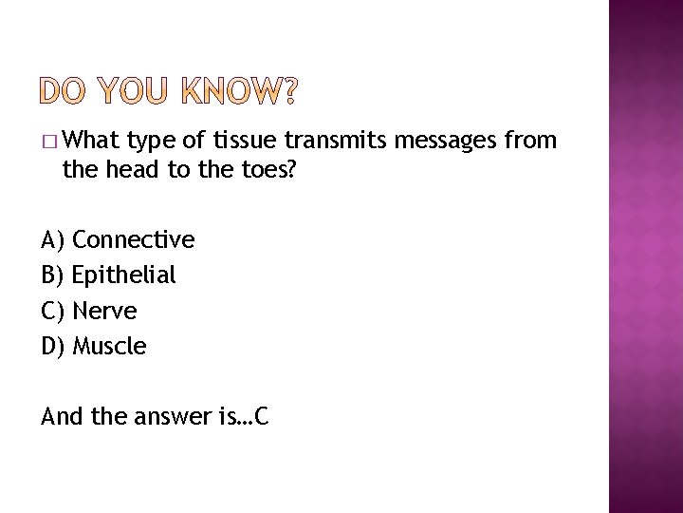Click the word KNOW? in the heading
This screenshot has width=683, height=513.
238,90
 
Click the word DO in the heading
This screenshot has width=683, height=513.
68,90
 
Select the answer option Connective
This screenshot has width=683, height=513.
134,239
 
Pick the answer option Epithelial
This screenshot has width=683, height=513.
124,275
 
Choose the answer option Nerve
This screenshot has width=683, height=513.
104,311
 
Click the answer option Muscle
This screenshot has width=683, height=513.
109,347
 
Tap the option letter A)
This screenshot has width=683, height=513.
53,239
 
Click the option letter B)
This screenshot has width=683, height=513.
53,275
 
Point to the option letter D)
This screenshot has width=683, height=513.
54,347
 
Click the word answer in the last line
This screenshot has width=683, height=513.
163,415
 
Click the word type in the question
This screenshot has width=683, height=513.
156,142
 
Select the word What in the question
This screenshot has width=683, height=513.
90,142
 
